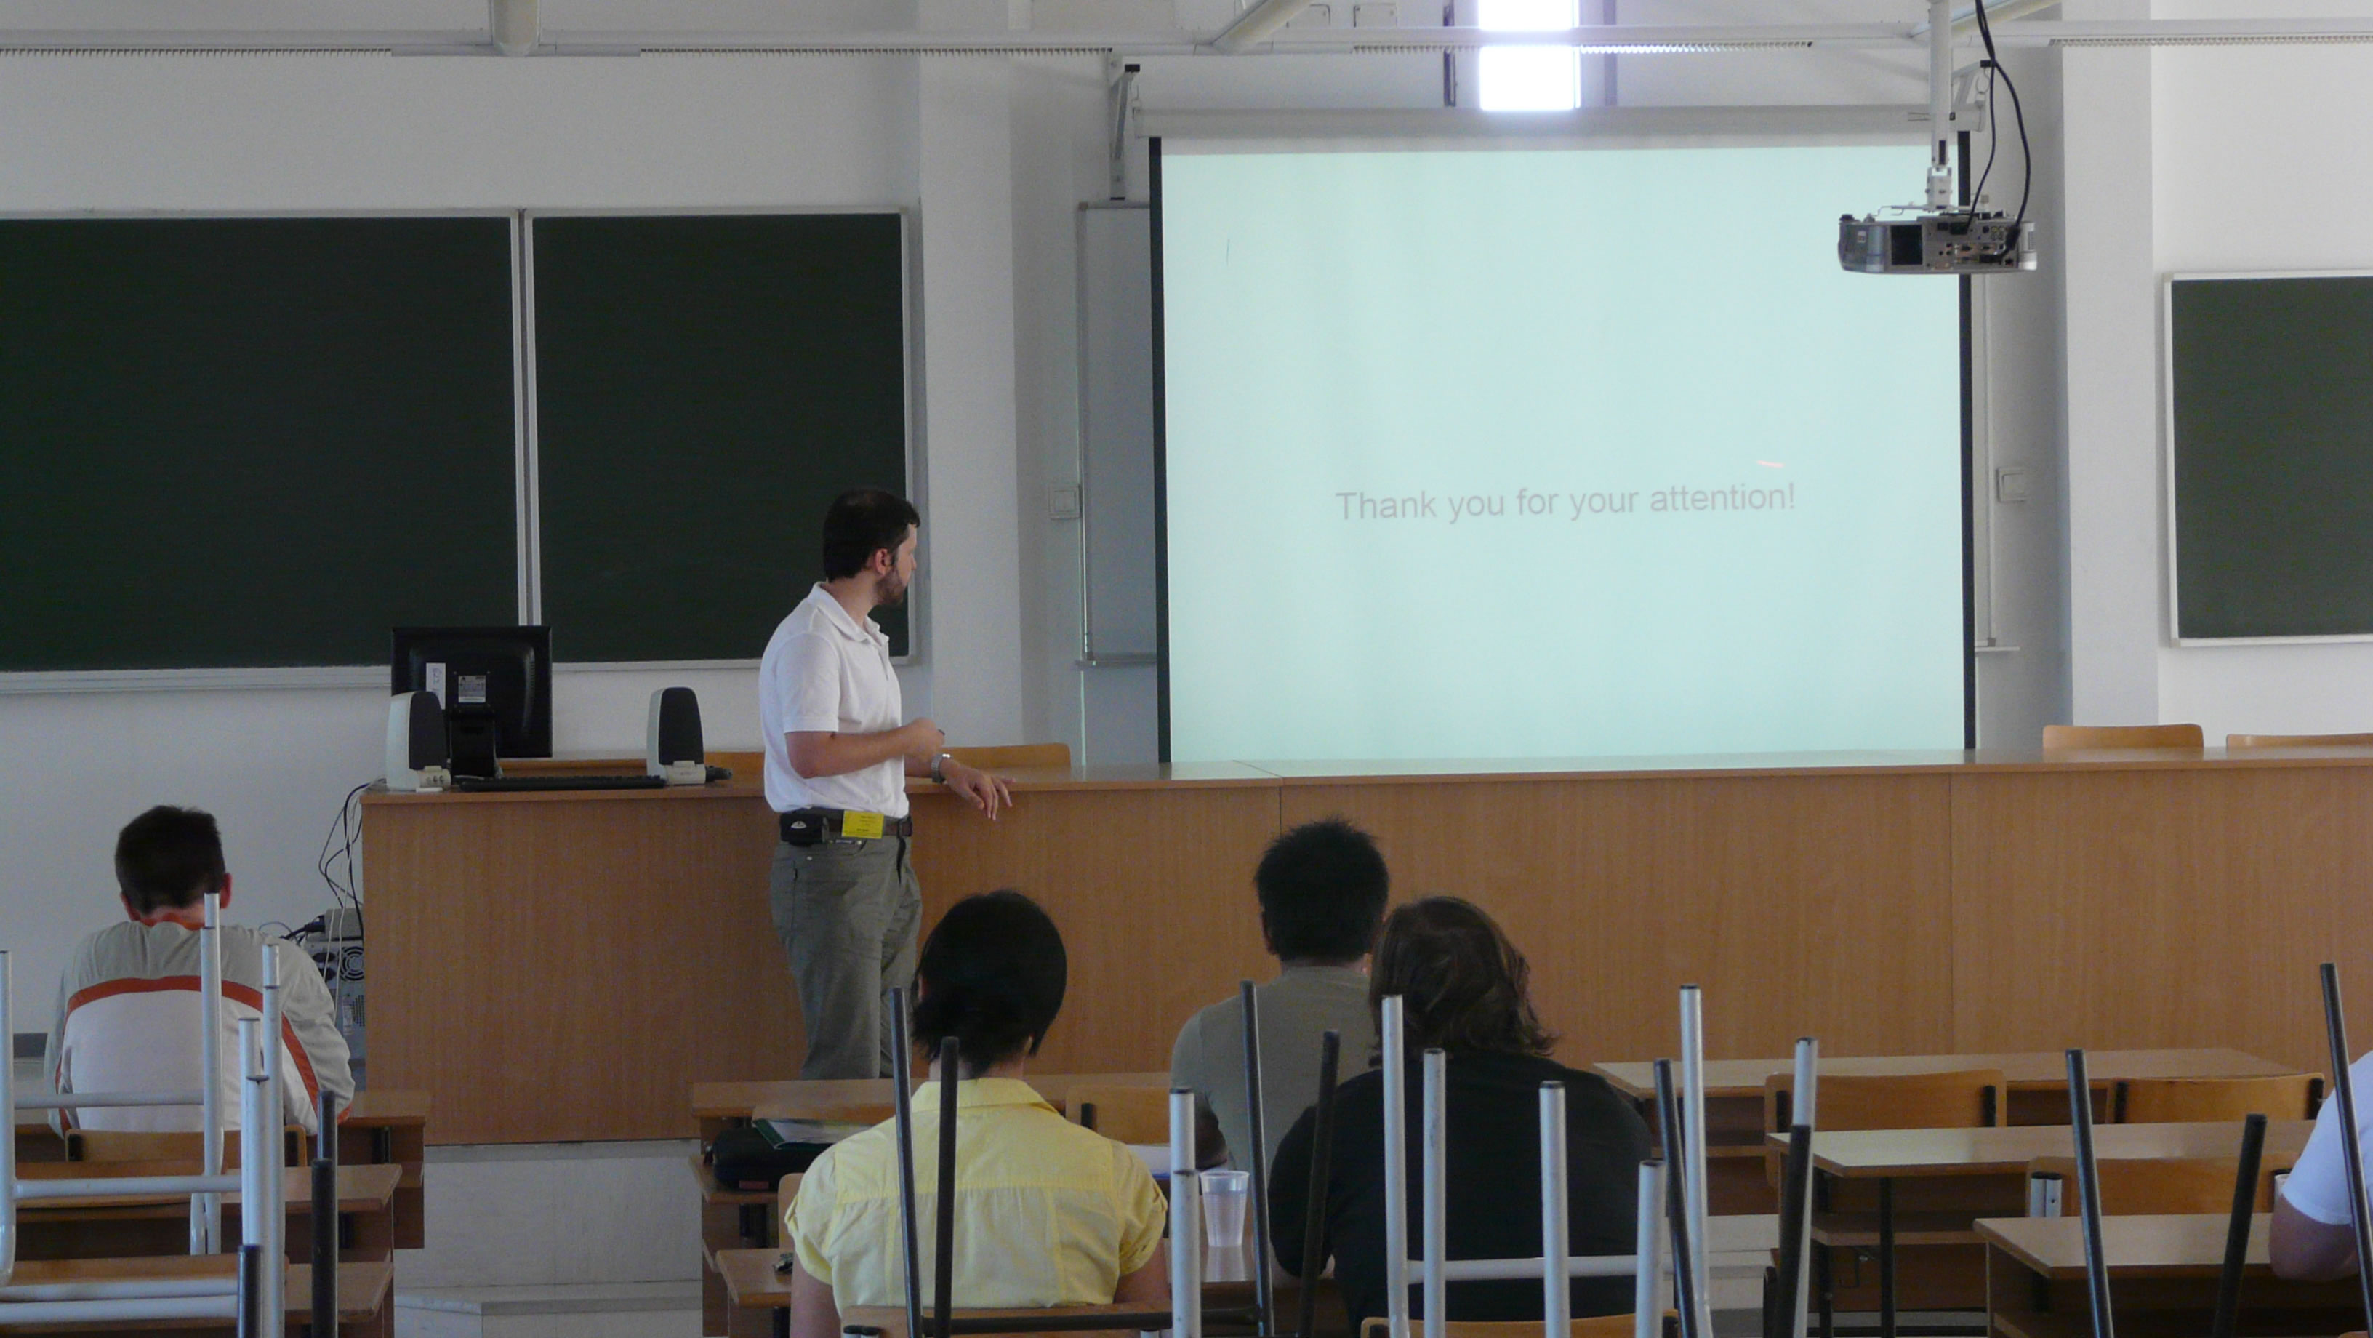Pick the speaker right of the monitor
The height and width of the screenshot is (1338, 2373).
(675, 734)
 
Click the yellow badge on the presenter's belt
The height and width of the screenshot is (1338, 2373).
(862, 823)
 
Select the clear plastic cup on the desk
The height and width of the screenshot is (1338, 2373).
(1224, 1208)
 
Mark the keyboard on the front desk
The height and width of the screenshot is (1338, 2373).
(562, 782)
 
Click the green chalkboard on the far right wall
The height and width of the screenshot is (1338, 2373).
(2270, 458)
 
